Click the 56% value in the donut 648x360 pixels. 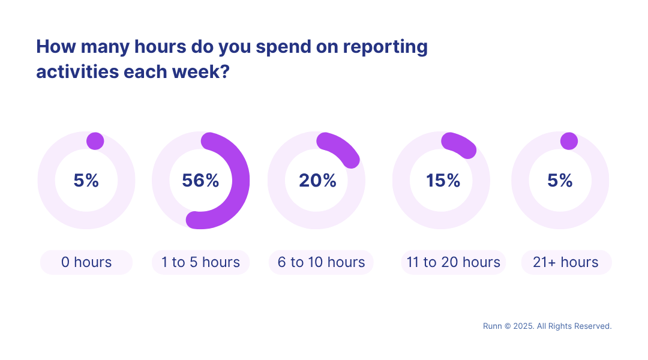[x=200, y=181]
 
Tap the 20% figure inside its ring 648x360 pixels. [x=317, y=181]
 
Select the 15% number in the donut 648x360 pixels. [x=443, y=181]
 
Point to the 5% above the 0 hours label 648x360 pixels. [x=86, y=181]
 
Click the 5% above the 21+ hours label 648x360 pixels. [x=560, y=181]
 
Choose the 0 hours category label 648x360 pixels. [x=86, y=262]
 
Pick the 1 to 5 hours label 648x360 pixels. [x=200, y=262]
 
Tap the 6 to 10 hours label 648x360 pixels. [x=321, y=262]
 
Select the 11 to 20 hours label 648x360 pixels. [x=453, y=262]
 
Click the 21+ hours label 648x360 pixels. [x=566, y=262]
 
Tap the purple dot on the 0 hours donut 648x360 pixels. [x=95, y=141]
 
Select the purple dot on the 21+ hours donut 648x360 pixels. [x=569, y=141]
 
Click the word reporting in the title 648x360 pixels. [x=385, y=47]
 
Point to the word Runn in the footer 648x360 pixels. [x=493, y=326]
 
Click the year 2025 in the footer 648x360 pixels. [x=523, y=326]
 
